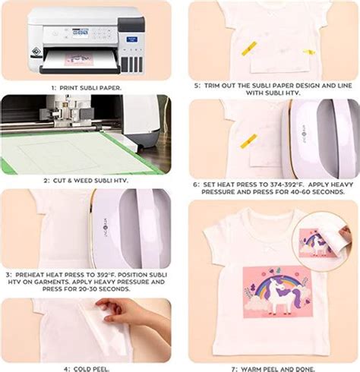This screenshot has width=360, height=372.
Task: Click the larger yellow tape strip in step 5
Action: click(248, 47)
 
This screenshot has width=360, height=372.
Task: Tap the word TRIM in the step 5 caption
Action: click(213, 86)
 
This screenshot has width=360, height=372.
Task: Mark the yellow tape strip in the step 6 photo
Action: click(248, 141)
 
